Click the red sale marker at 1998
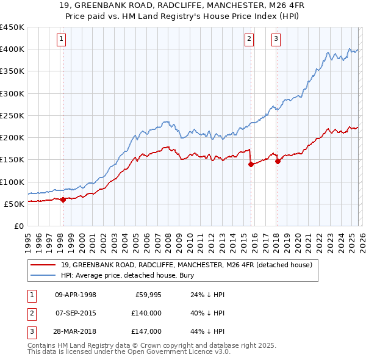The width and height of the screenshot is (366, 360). pos(63,200)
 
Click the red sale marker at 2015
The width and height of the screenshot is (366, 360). pos(251,164)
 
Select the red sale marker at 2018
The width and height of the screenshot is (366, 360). pos(278,161)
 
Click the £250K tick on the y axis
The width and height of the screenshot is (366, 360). pos(12,115)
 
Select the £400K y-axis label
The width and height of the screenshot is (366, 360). pos(12,49)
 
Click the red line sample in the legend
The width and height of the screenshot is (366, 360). pos(43,265)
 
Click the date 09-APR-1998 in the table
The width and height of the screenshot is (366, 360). pos(76,295)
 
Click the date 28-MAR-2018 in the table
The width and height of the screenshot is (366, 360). pos(76,331)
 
